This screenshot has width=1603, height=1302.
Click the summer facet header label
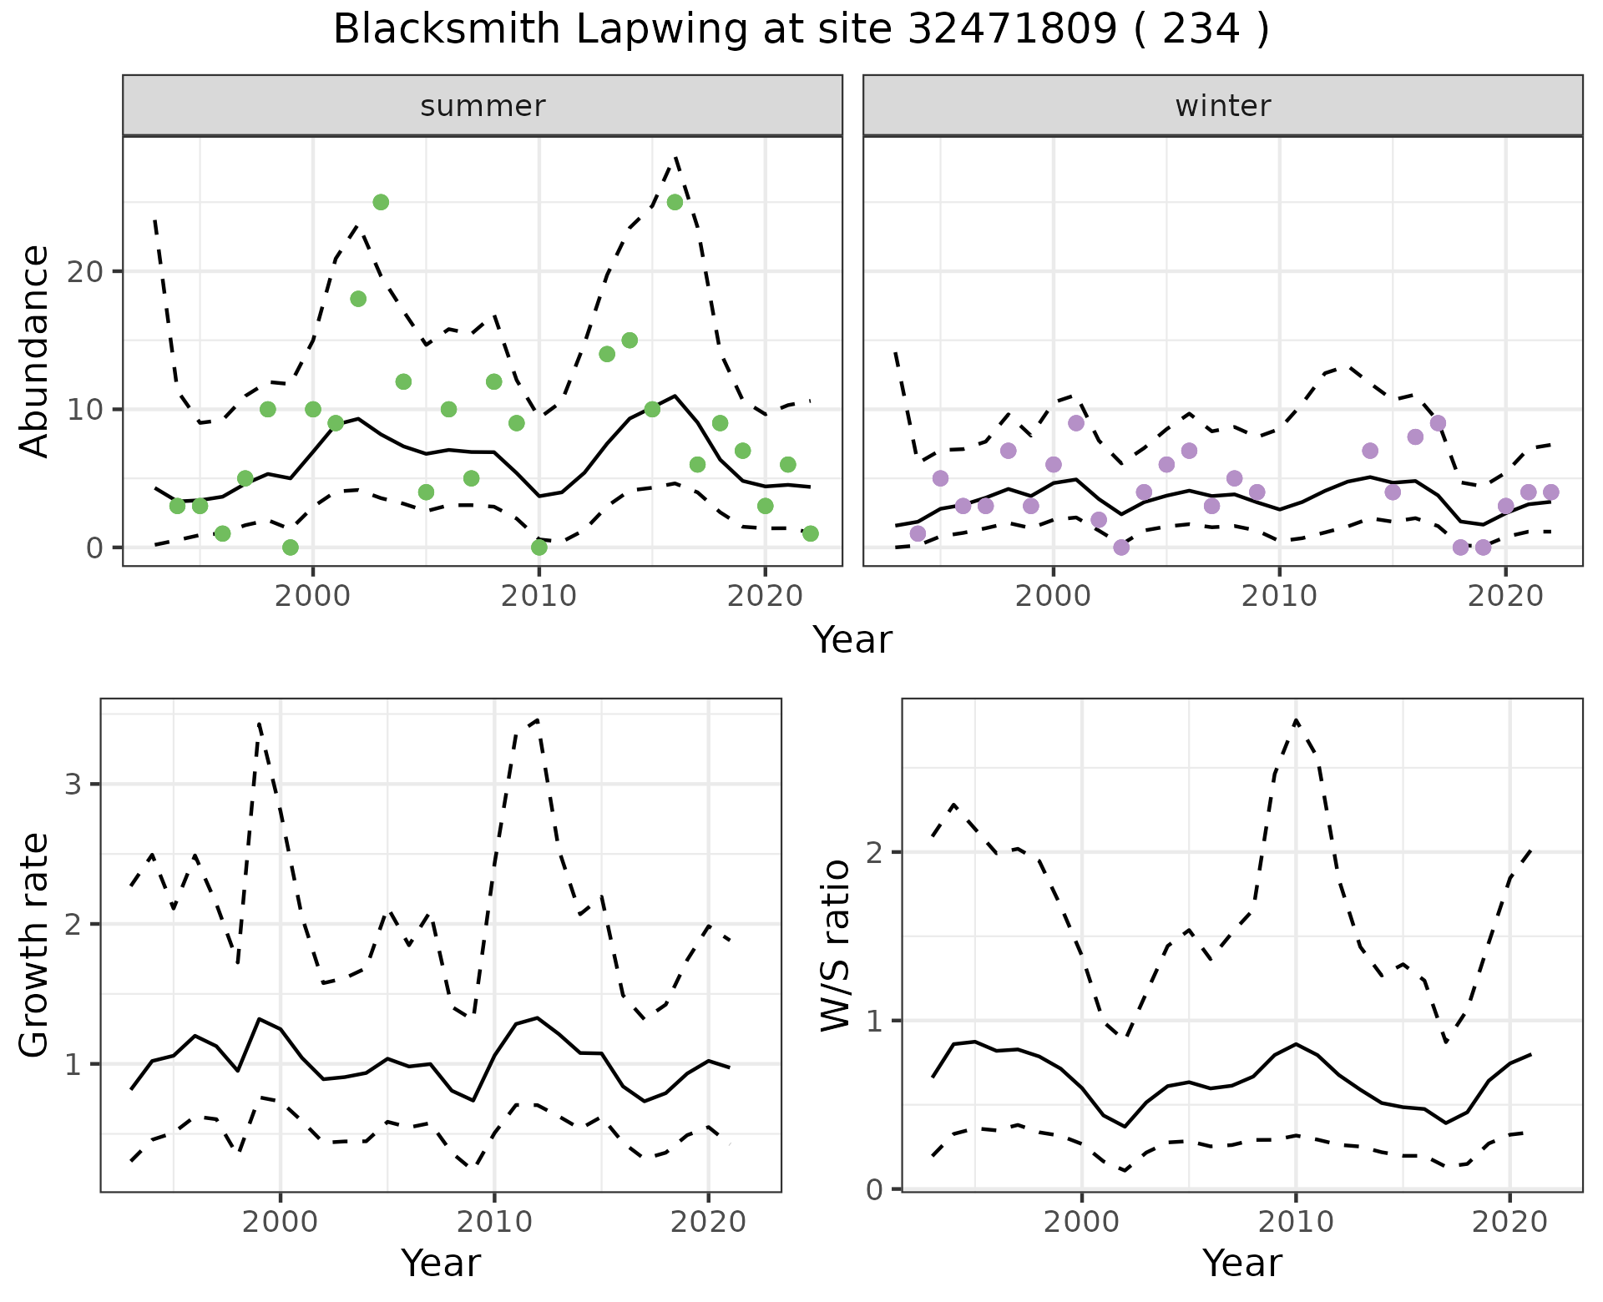pyautogui.click(x=483, y=106)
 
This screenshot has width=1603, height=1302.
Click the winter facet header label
pyautogui.click(x=1222, y=106)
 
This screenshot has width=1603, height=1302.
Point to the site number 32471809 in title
pyautogui.click(x=1011, y=30)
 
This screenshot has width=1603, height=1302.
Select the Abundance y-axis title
pyautogui.click(x=35, y=351)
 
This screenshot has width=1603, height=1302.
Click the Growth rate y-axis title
pyautogui.click(x=35, y=946)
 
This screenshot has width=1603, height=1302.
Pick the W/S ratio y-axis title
pyautogui.click(x=836, y=946)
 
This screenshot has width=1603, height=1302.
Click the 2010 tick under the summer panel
pyautogui.click(x=539, y=596)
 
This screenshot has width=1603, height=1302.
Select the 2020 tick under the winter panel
pyautogui.click(x=1504, y=596)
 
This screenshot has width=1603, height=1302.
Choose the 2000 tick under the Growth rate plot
pyautogui.click(x=281, y=1222)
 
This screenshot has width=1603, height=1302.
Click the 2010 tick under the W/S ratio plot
pyautogui.click(x=1295, y=1222)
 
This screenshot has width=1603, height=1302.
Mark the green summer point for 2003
pyautogui.click(x=381, y=202)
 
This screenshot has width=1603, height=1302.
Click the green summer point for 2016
pyautogui.click(x=675, y=202)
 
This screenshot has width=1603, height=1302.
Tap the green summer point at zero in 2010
pyautogui.click(x=539, y=548)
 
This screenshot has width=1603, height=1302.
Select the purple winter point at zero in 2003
pyautogui.click(x=1121, y=548)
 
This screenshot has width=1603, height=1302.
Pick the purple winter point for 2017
pyautogui.click(x=1438, y=423)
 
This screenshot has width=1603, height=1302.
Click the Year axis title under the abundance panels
pyautogui.click(x=852, y=640)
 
